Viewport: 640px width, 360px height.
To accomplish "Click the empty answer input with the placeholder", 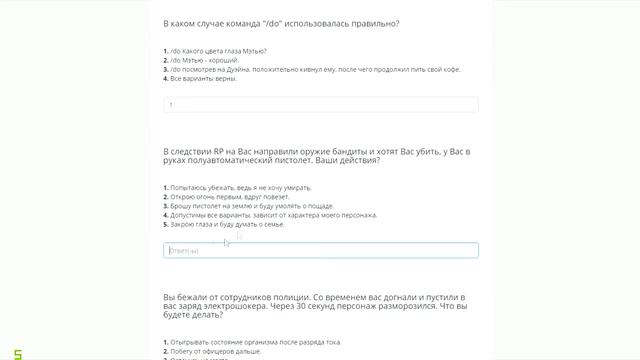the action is [x=320, y=250].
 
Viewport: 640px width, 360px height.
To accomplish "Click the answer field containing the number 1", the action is [x=320, y=104].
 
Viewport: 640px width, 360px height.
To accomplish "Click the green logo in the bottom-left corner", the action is [x=6, y=352].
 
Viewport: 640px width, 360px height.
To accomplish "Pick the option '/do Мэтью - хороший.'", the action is [x=206, y=60].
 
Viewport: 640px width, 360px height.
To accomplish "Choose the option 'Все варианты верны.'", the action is [x=204, y=78].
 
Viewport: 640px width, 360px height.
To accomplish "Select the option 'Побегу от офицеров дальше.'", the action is [x=209, y=351].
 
